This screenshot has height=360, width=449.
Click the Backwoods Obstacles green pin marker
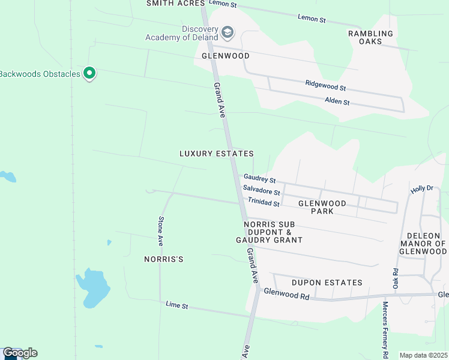(x=90, y=74)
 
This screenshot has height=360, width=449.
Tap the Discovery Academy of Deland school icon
(x=228, y=31)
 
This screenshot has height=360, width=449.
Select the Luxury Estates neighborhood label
(x=217, y=154)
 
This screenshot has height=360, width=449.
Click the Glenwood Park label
(x=329, y=207)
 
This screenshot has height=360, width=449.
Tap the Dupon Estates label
(x=327, y=283)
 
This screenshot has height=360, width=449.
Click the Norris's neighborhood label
(x=163, y=259)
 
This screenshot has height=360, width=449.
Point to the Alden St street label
(x=337, y=101)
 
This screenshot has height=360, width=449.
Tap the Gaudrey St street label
(x=259, y=179)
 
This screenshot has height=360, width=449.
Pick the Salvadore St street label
(x=261, y=191)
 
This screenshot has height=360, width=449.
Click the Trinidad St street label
(x=264, y=203)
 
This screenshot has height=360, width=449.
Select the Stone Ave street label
(x=161, y=231)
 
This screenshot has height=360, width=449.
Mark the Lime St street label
(x=177, y=306)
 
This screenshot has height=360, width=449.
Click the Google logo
(x=19, y=353)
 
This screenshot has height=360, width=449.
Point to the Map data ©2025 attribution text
(x=423, y=355)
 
